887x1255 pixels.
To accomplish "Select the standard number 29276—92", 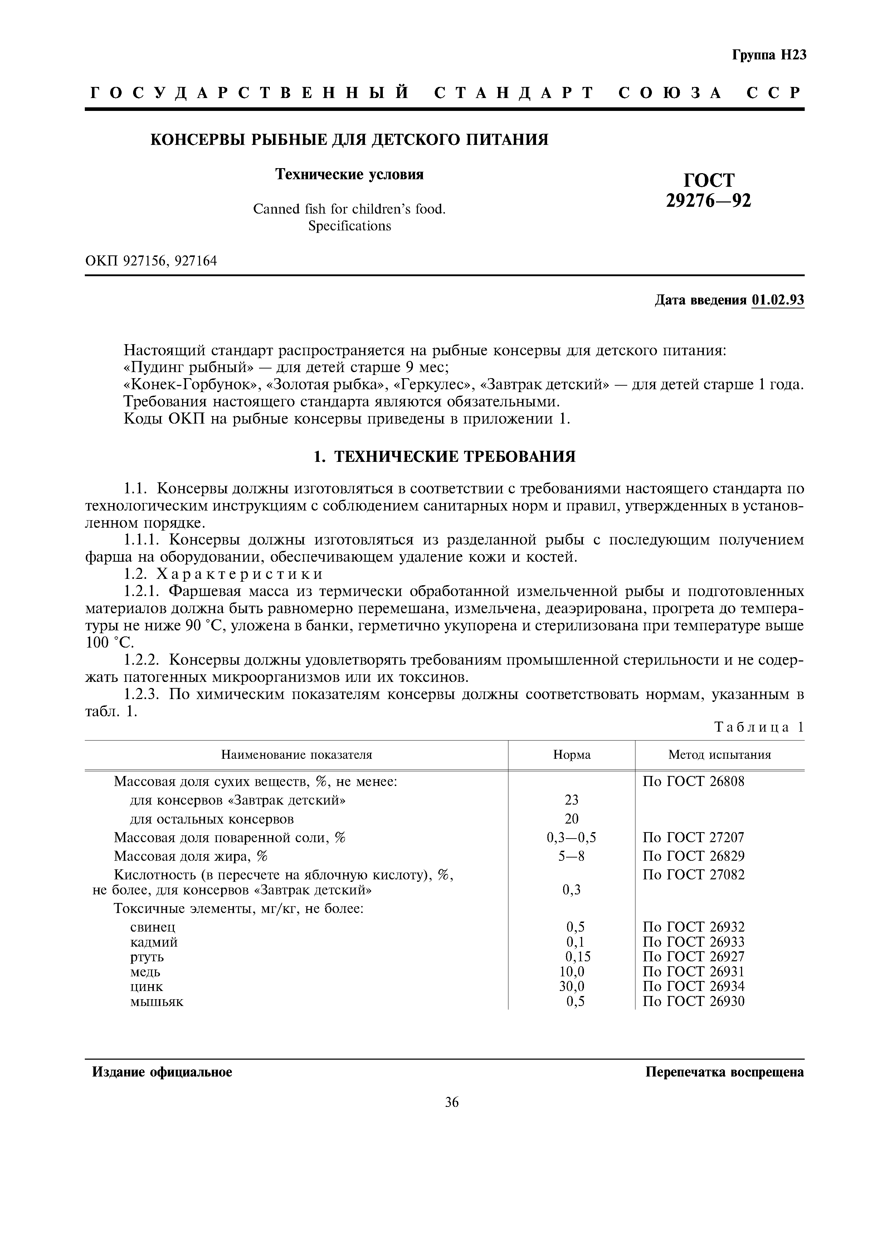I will click(708, 201).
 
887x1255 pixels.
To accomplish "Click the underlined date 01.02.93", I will click(778, 300).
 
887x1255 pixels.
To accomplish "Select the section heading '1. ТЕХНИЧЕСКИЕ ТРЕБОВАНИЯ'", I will click(444, 456).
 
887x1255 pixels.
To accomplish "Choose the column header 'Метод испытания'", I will click(719, 755).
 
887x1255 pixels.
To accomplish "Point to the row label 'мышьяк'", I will click(156, 1001).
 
